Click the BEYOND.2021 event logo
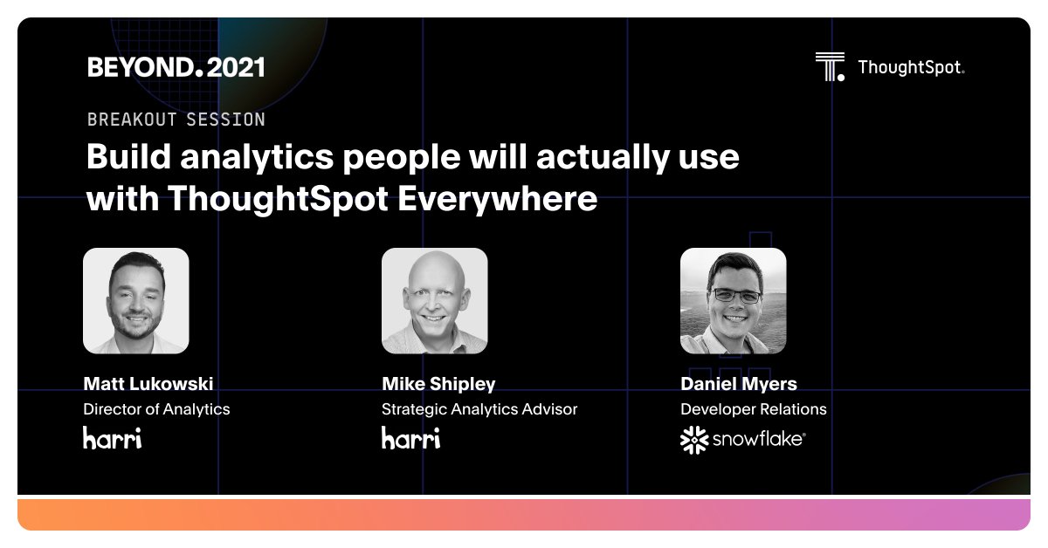point(176,67)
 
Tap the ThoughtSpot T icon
point(830,66)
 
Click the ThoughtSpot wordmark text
point(911,67)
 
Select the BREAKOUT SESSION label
point(176,119)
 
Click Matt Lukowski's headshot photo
point(135,300)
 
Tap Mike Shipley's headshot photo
point(434,300)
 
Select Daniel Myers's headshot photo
point(733,300)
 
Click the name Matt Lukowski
point(148,384)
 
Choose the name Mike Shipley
point(438,384)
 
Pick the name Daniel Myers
point(738,384)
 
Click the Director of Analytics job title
point(156,409)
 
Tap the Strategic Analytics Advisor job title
point(479,409)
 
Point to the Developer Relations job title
point(753,409)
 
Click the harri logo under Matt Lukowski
point(112,437)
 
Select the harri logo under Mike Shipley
point(410,437)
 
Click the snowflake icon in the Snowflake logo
point(694,441)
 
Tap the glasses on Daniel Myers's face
point(735,296)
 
